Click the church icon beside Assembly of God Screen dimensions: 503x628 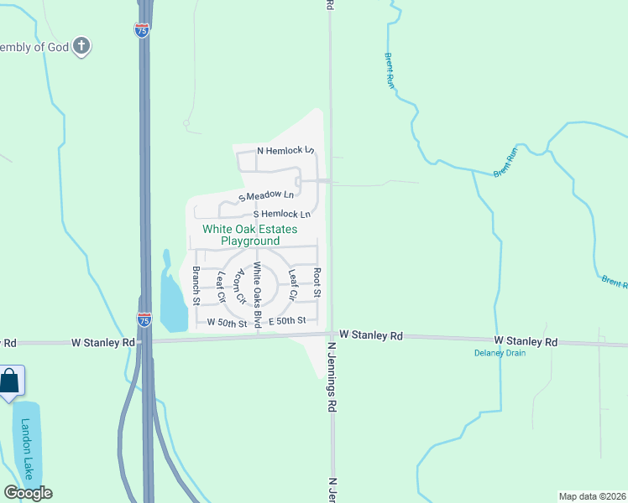(81, 46)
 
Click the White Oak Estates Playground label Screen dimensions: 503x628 (249, 235)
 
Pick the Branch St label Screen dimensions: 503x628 (196, 284)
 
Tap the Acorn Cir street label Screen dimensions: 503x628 (240, 286)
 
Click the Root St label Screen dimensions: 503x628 (317, 283)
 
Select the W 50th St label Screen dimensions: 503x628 (222, 323)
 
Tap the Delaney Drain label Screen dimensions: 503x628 (499, 353)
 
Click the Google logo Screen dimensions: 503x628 (28, 492)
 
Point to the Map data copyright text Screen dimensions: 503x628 (593, 495)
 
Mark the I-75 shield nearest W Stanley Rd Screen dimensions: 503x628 (144, 319)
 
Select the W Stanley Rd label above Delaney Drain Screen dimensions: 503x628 (526, 341)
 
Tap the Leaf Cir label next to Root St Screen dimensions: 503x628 (293, 285)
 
